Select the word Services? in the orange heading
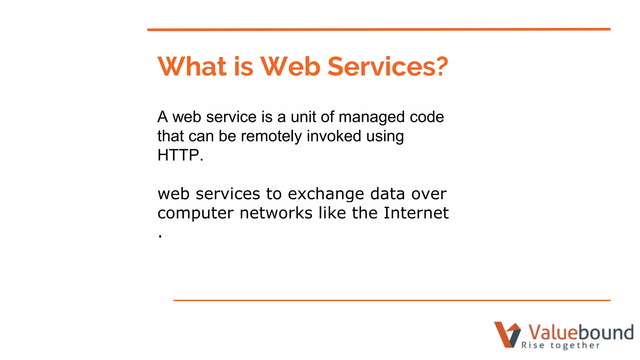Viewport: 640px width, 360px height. pos(387,67)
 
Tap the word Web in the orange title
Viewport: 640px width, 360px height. pos(290,67)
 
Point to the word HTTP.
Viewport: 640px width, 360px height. pos(180,155)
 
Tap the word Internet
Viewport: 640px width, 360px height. pos(416,213)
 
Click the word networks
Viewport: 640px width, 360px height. pos(276,213)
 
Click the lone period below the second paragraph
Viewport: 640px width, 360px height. pos(160,237)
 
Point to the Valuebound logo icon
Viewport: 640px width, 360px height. pos(507,334)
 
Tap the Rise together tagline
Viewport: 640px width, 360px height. pos(560,345)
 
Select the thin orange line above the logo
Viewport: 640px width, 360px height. pos(392,300)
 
